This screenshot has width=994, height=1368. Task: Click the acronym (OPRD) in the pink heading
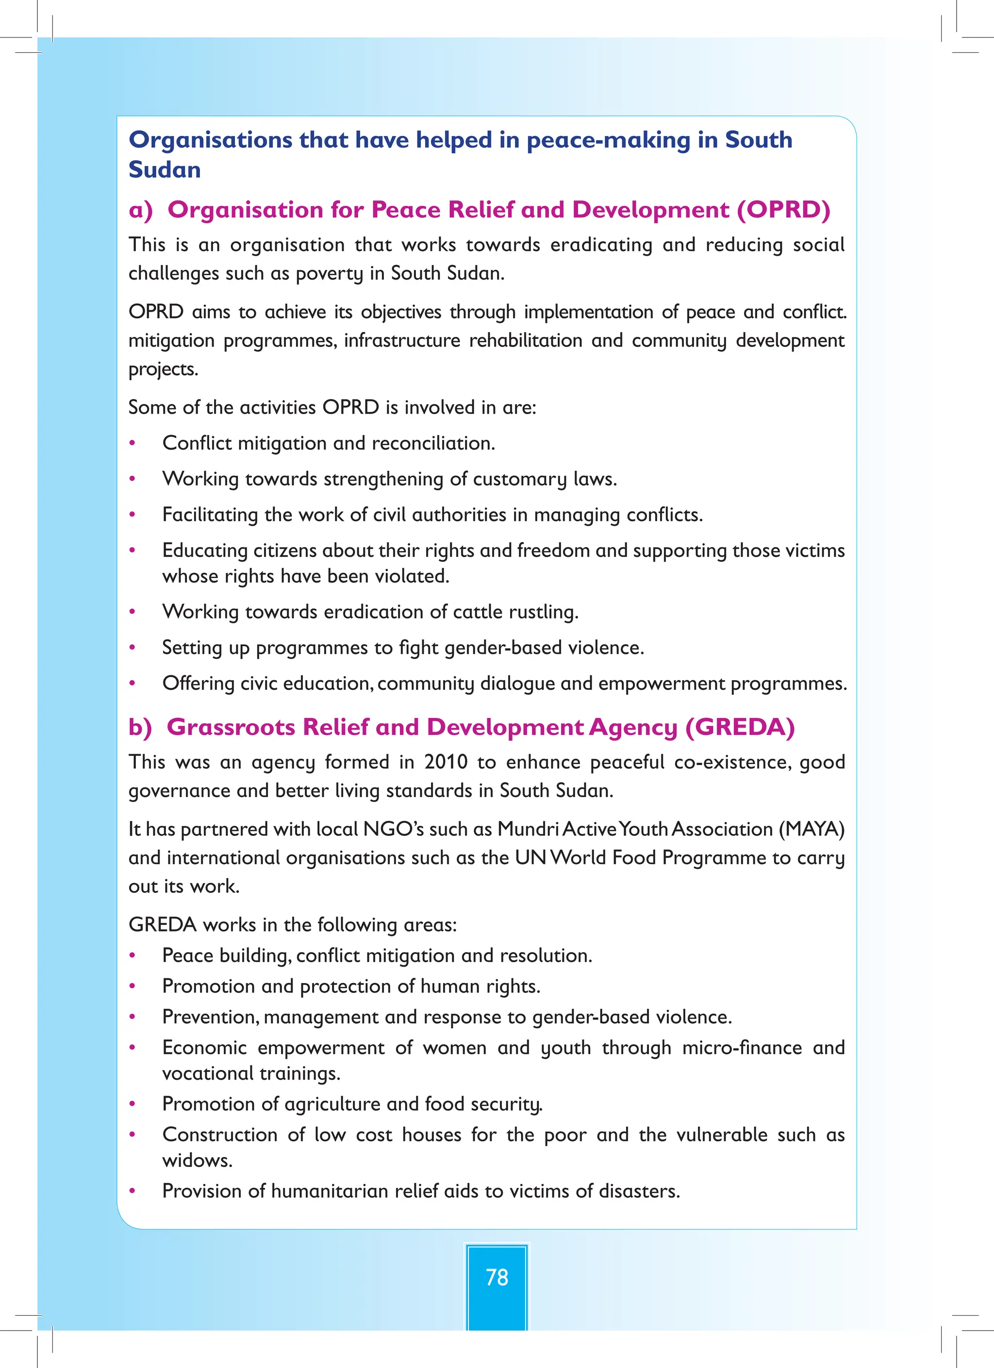(x=783, y=210)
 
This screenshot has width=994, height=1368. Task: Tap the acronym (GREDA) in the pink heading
(x=740, y=727)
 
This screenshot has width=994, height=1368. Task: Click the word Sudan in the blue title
(x=165, y=170)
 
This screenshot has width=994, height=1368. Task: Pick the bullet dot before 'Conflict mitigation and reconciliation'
(x=133, y=444)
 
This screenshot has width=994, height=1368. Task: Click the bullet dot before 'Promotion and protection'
(x=133, y=987)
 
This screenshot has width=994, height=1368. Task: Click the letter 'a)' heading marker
(x=141, y=210)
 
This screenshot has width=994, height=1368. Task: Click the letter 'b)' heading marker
(x=140, y=727)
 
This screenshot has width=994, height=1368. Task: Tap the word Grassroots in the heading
(x=231, y=727)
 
